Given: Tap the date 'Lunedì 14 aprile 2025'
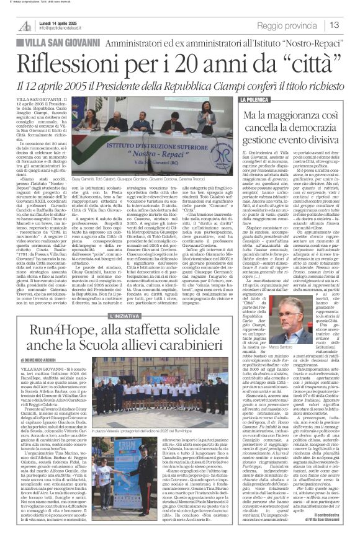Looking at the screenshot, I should click(x=61, y=22).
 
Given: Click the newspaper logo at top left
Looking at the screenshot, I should click(x=24, y=25).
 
